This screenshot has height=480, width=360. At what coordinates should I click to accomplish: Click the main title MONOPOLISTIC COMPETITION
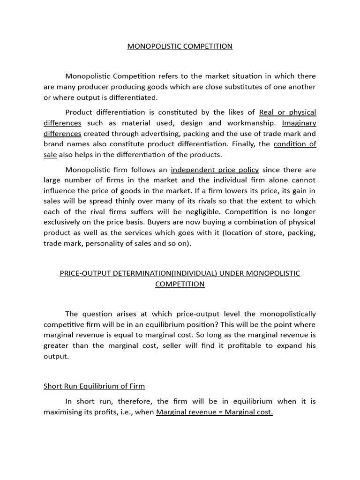click(x=180, y=46)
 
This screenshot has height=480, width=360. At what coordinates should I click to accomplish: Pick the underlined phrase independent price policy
click(x=215, y=170)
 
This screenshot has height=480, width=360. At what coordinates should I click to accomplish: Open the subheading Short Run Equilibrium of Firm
click(x=94, y=386)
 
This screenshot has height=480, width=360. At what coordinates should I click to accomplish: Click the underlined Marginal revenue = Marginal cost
click(x=214, y=412)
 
